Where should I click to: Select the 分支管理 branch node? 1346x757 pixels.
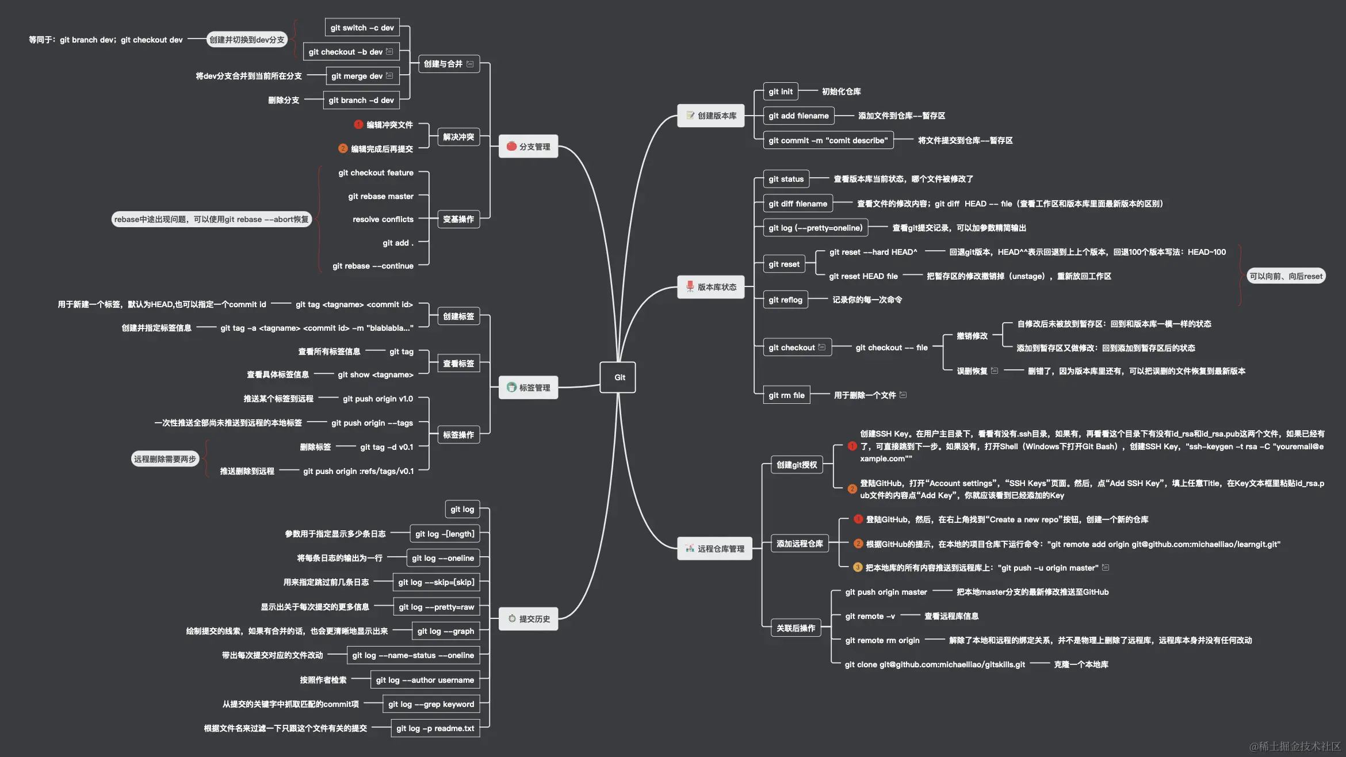pyautogui.click(x=528, y=147)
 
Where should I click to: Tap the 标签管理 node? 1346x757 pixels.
pyautogui.click(x=528, y=388)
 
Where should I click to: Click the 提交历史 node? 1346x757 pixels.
pyautogui.click(x=528, y=619)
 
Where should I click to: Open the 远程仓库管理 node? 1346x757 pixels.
pyautogui.click(x=714, y=549)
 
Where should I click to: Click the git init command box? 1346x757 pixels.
pyautogui.click(x=780, y=91)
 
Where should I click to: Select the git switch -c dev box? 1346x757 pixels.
pyautogui.click(x=362, y=28)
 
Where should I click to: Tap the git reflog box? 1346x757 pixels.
pyautogui.click(x=785, y=300)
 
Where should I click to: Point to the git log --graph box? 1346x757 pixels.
pyautogui.click(x=445, y=631)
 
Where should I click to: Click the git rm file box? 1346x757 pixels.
pyautogui.click(x=786, y=395)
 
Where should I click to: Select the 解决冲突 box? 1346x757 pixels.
pyautogui.click(x=458, y=137)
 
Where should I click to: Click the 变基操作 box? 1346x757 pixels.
pyautogui.click(x=458, y=219)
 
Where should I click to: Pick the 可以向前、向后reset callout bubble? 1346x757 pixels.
pyautogui.click(x=1286, y=276)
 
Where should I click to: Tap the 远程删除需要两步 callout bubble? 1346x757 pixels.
pyautogui.click(x=165, y=459)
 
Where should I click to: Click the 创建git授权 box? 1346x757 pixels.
pyautogui.click(x=796, y=465)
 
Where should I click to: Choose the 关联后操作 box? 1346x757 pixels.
pyautogui.click(x=796, y=628)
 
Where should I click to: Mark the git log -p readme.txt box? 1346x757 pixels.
pyautogui.click(x=435, y=728)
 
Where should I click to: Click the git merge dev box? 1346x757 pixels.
pyautogui.click(x=362, y=76)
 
